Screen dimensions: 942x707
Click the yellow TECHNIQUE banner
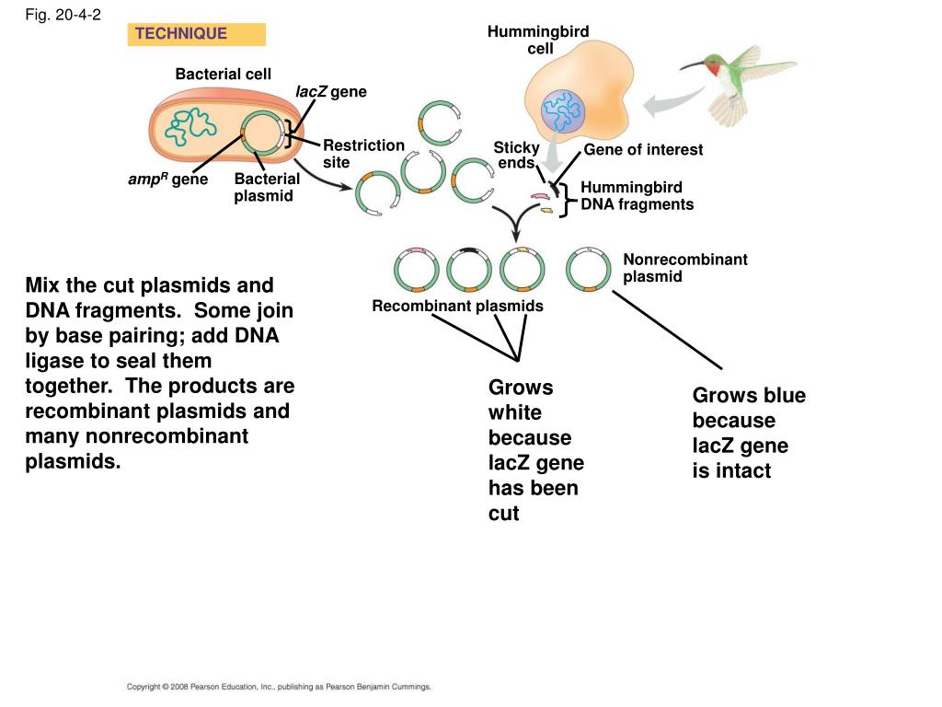[197, 34]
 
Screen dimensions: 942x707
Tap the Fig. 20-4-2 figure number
[63, 15]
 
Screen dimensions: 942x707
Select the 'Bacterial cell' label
[223, 74]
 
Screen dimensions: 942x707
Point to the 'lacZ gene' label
[331, 91]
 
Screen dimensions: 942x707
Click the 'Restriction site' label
[364, 154]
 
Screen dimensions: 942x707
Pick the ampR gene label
[168, 180]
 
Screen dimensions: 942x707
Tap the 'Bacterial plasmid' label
[267, 187]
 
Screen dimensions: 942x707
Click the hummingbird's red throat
[714, 70]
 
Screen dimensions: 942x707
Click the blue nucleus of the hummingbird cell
[562, 111]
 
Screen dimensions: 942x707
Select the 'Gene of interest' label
[643, 150]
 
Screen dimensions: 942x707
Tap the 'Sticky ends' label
[516, 155]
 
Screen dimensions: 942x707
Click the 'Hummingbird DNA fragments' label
[637, 196]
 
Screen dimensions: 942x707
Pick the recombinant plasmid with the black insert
[469, 269]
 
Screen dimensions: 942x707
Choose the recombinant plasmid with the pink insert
[417, 269]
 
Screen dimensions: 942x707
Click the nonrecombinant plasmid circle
[588, 269]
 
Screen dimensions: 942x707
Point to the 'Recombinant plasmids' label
[457, 306]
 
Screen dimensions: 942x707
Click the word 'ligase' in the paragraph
[56, 361]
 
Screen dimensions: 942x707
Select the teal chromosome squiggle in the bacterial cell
[190, 126]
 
